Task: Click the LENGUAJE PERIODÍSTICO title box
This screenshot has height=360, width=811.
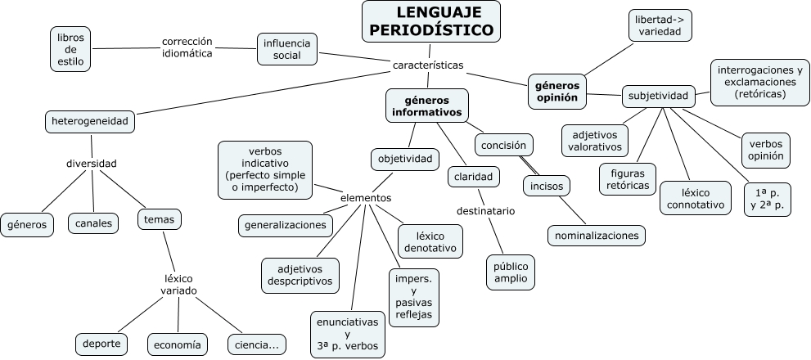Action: coord(431,21)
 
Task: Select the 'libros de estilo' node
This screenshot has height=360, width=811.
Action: coord(70,49)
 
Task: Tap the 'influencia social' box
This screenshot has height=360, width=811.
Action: coord(287,49)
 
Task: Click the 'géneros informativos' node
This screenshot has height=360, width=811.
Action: coord(426,106)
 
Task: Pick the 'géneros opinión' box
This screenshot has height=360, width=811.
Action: coord(556,91)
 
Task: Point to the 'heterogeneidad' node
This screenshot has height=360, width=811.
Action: coord(89,122)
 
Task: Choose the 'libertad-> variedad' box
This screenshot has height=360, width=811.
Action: coord(661,26)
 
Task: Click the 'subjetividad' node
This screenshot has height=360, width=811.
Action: coord(658,97)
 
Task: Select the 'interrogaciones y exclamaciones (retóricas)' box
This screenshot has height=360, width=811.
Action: coord(759,82)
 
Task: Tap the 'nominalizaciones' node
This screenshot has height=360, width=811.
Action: coord(596,236)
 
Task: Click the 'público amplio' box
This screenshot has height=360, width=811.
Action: coord(511,272)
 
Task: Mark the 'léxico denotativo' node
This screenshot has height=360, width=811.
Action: coord(430,239)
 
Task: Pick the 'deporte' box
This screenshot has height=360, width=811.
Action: coord(101,344)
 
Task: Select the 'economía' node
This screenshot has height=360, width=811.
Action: coord(175,345)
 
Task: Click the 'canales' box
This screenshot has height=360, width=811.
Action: coord(93,223)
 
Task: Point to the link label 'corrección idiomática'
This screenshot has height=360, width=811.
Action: coord(187,47)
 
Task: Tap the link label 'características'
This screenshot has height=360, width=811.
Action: coord(428,65)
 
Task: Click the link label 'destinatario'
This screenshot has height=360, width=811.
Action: coord(485,210)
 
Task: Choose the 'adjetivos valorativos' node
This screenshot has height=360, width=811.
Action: coord(594,141)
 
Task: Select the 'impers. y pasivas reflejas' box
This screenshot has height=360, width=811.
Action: coord(412,297)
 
